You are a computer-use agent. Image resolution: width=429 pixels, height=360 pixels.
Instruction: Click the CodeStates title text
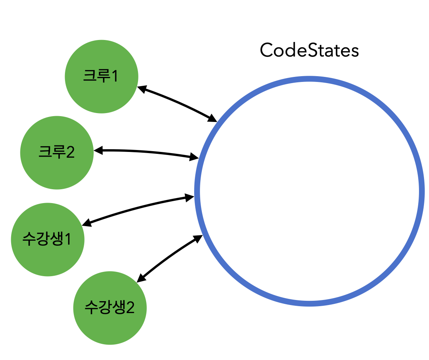(x=309, y=50)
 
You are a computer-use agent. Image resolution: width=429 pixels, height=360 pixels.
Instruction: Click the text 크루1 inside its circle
(x=100, y=76)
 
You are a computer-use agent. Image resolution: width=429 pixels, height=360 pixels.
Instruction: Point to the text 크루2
(x=57, y=153)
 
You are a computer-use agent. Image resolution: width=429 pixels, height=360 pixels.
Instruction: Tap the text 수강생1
(x=47, y=239)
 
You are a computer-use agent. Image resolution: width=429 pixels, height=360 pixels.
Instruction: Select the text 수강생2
(x=109, y=308)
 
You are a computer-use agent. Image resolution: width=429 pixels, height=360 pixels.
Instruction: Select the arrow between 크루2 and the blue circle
(x=146, y=152)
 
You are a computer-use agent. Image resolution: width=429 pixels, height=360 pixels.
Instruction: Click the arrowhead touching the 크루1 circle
(x=141, y=88)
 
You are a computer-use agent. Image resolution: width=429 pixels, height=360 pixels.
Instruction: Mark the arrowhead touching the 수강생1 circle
(x=87, y=223)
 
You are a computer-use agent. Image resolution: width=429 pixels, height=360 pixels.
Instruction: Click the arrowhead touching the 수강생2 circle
(x=141, y=278)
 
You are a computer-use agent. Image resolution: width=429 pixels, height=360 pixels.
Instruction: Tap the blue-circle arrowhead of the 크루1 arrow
(x=213, y=119)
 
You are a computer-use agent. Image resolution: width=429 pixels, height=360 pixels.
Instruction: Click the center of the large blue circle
(x=309, y=191)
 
